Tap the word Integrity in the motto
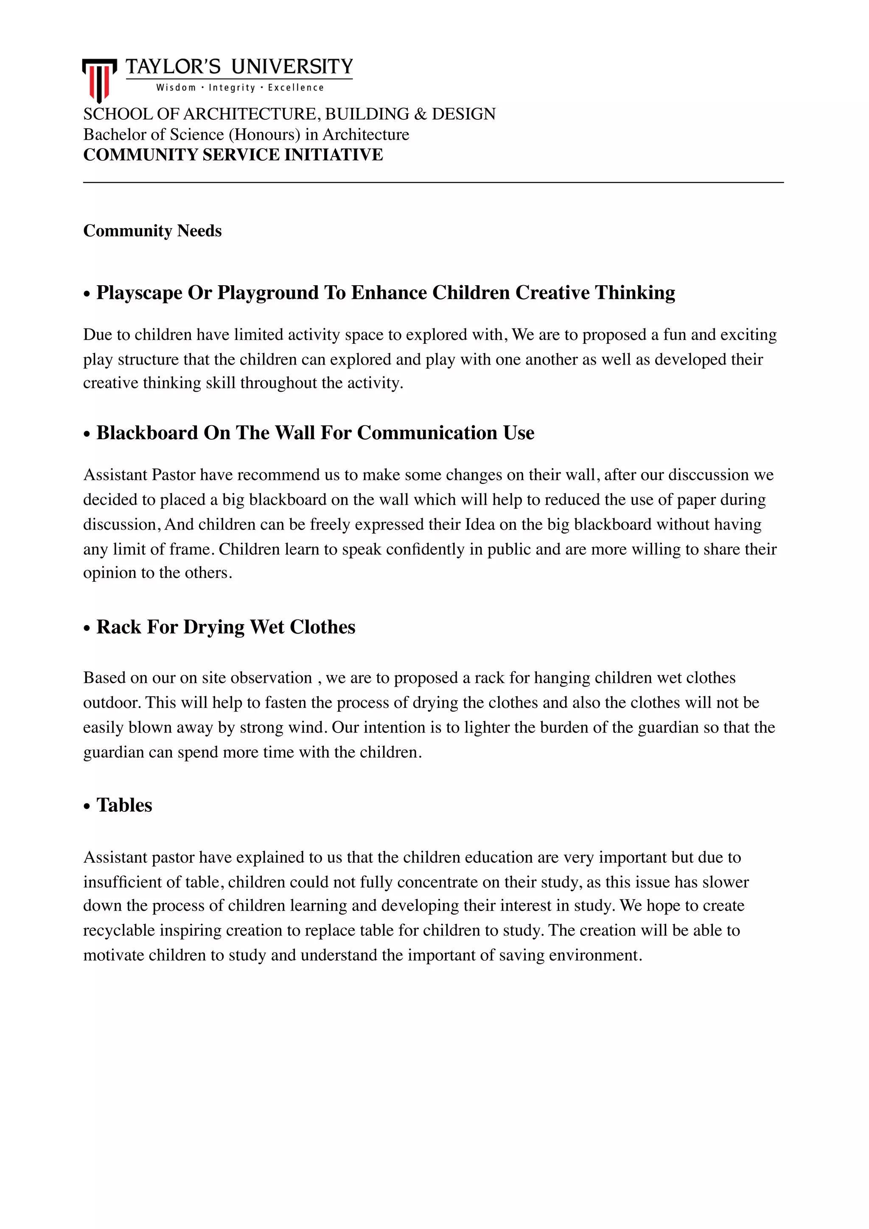pos(232,88)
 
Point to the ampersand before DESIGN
pos(420,114)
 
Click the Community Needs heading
pos(152,231)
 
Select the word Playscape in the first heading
pos(139,293)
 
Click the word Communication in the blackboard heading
pos(427,432)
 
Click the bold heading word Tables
pos(124,805)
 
